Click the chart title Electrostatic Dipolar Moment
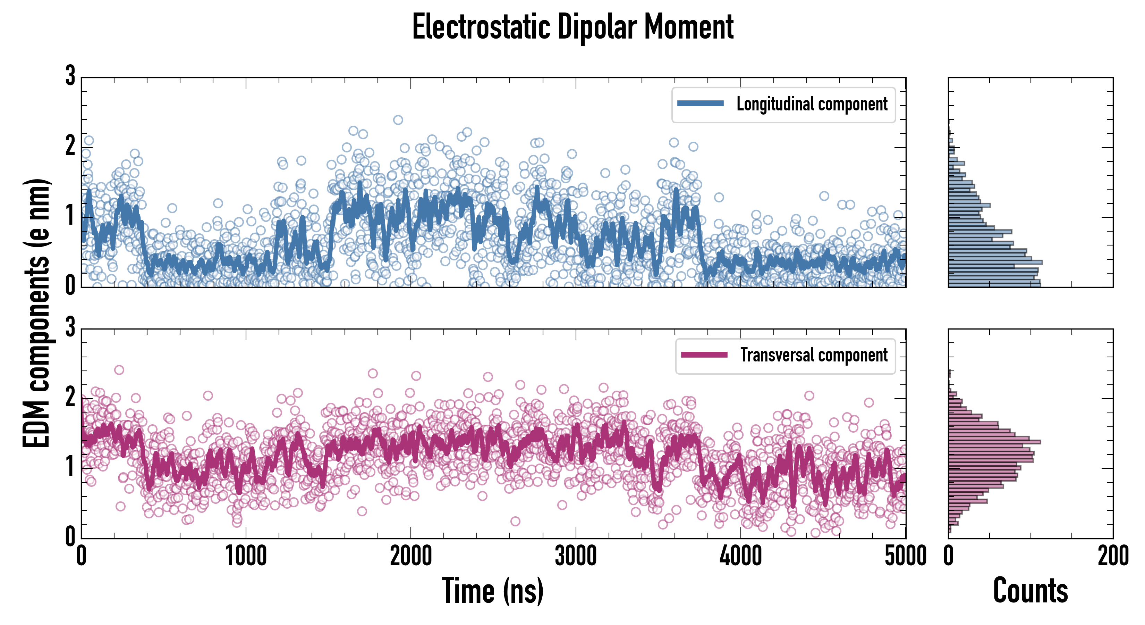coord(572,27)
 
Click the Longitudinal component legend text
coord(812,104)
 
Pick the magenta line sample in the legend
coord(704,355)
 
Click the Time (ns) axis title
coord(492,591)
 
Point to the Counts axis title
coord(1030,591)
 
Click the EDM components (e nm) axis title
coord(36,313)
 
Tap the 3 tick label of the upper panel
coord(70,76)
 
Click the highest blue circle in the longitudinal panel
coord(398,120)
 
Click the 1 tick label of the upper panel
coord(70,216)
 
